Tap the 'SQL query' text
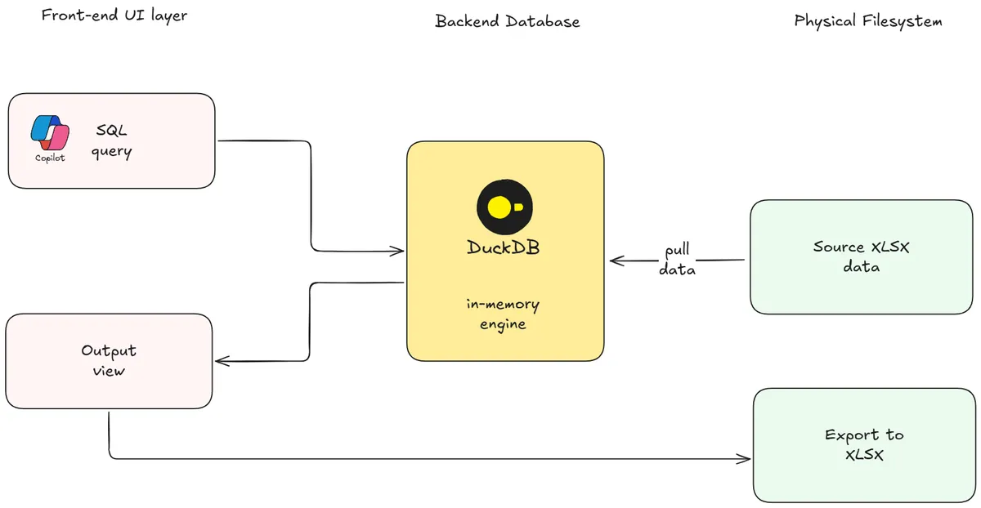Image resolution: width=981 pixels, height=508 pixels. tap(112, 141)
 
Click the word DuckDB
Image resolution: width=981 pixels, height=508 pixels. tap(504, 247)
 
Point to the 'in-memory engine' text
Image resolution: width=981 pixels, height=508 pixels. tap(503, 314)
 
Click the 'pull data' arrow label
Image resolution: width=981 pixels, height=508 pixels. tap(678, 260)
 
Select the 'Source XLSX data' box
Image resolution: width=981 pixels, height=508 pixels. tap(862, 256)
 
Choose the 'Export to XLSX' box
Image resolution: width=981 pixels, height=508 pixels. tap(864, 445)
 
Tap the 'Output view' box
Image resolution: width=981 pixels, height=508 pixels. tap(109, 361)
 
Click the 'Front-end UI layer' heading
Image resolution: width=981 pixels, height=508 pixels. tap(114, 16)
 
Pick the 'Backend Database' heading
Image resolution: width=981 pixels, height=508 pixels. tap(507, 22)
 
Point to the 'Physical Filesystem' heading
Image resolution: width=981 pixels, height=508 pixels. tap(868, 21)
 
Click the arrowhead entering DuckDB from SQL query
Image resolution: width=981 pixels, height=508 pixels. tap(399, 250)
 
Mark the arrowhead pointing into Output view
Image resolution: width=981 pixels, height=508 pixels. tap(221, 361)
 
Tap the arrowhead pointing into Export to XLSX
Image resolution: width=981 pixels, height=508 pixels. tap(745, 459)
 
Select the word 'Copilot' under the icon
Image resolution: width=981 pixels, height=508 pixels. tap(50, 158)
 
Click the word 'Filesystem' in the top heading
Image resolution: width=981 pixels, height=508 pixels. tap(903, 21)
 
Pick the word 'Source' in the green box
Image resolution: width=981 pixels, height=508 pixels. tap(838, 247)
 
